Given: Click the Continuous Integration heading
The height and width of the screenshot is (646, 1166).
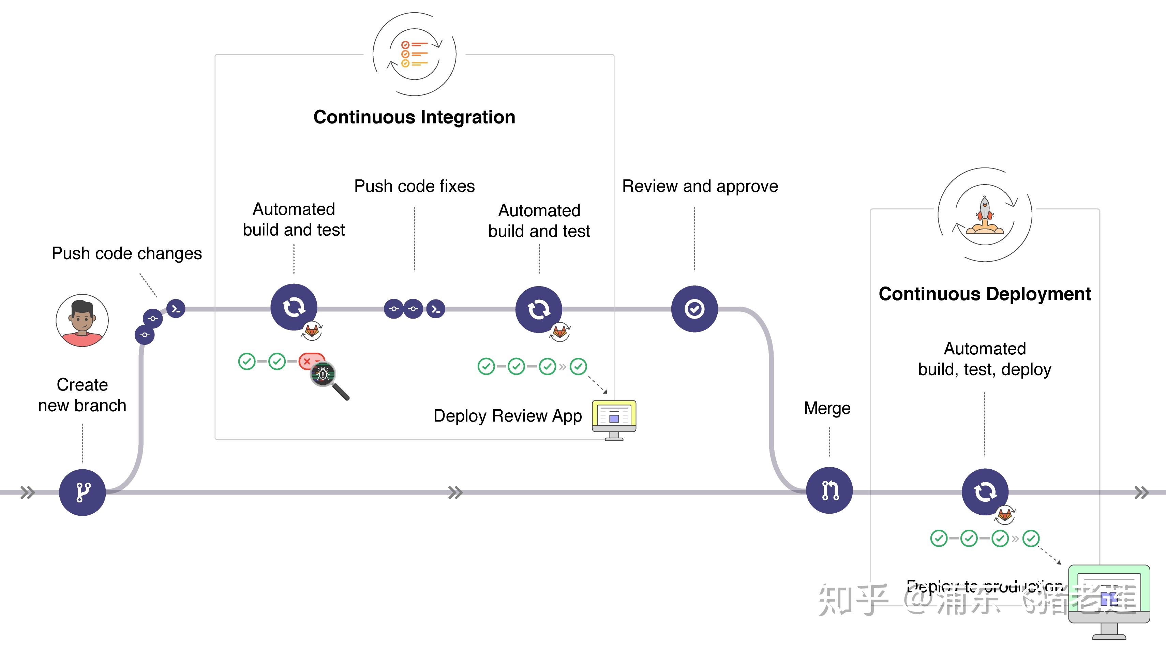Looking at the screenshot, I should click(414, 117).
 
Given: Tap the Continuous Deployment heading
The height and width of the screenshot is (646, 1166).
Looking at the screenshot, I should click(985, 294).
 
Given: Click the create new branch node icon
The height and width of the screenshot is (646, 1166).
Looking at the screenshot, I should click(83, 492).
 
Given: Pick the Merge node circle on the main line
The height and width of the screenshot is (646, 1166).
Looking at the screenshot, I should click(829, 490).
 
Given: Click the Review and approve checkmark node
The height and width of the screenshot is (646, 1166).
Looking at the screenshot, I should click(694, 309).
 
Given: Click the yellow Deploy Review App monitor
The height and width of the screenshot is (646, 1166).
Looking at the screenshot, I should click(614, 416).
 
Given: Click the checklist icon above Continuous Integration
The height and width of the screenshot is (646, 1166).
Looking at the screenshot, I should click(414, 54).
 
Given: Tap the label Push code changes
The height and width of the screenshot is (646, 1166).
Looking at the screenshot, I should click(127, 253).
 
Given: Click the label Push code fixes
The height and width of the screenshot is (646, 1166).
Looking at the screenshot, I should click(414, 186).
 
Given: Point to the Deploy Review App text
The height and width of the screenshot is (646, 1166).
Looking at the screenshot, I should click(507, 415).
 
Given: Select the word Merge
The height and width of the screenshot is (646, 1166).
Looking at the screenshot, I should click(827, 408).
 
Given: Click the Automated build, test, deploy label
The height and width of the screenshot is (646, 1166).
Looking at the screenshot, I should click(985, 359).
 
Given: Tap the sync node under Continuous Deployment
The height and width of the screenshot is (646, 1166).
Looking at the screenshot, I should click(985, 491).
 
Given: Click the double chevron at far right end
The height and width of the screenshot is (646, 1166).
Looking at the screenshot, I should click(1141, 492).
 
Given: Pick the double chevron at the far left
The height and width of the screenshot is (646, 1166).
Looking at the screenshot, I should click(28, 492).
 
